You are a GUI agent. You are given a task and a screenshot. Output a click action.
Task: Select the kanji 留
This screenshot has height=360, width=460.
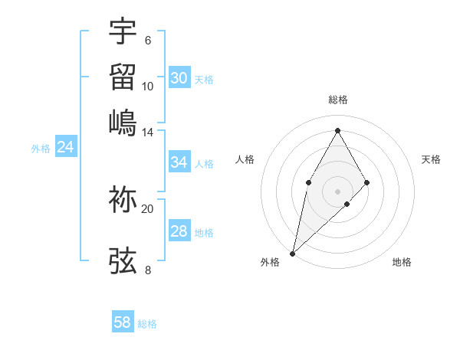coord(123,77)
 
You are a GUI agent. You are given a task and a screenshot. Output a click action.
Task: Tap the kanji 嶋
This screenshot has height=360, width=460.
coord(123,123)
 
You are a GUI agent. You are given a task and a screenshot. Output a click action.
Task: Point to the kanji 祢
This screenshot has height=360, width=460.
coord(123,198)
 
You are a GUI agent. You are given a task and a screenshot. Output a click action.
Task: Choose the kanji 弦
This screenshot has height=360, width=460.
coord(123,260)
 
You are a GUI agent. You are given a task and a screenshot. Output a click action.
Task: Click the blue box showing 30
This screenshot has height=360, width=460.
coord(179,78)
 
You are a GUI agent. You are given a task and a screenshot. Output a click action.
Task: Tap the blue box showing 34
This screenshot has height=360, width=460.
coord(179,162)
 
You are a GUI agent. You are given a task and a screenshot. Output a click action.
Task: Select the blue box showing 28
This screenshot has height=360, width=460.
coord(179,231)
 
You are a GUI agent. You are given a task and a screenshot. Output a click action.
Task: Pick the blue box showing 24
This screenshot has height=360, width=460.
coord(66,147)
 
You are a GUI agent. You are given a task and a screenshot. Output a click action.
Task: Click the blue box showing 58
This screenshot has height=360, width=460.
coord(123,322)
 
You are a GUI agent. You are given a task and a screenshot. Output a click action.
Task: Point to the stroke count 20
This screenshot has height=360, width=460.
coord(148,208)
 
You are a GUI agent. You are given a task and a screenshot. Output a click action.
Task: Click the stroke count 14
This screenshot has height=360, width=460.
coord(148,133)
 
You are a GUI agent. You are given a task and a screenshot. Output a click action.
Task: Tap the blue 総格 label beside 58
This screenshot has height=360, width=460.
coord(147,324)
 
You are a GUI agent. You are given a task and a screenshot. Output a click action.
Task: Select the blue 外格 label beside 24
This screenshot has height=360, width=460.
coord(41,149)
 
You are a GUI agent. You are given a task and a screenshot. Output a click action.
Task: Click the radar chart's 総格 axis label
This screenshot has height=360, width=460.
coord(338,100)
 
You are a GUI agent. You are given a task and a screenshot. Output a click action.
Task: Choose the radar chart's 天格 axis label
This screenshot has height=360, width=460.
coord(431,159)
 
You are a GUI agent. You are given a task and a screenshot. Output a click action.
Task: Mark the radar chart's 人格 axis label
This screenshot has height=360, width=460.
coord(245,159)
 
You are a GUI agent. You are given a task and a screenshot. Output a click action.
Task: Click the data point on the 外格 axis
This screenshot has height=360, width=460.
coord(292,253)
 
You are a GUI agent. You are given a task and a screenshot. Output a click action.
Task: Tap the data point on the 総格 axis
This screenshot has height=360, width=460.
coord(338,130)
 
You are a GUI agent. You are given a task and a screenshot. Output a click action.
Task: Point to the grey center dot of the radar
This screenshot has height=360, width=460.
coord(338,191)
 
